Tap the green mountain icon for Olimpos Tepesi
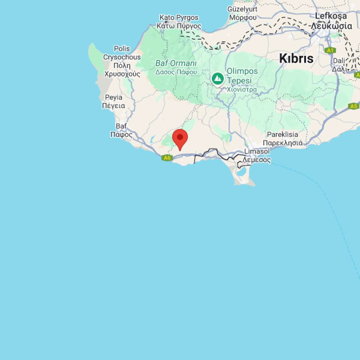point(217,79)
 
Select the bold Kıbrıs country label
point(296,58)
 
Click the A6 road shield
point(167,158)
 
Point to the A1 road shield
point(330,51)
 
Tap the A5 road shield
point(354,106)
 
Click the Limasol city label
point(257,151)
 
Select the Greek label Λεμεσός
point(257,160)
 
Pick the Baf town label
point(121,126)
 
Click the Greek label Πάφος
point(121,134)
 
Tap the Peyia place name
point(114,97)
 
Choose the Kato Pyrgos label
point(179,17)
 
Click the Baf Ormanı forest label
point(176,63)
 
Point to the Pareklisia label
point(282,134)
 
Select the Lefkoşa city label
point(331,16)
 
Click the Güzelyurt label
point(242,9)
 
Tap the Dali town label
point(339,61)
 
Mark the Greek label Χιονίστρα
point(242,89)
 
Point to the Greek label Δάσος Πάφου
point(176,72)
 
